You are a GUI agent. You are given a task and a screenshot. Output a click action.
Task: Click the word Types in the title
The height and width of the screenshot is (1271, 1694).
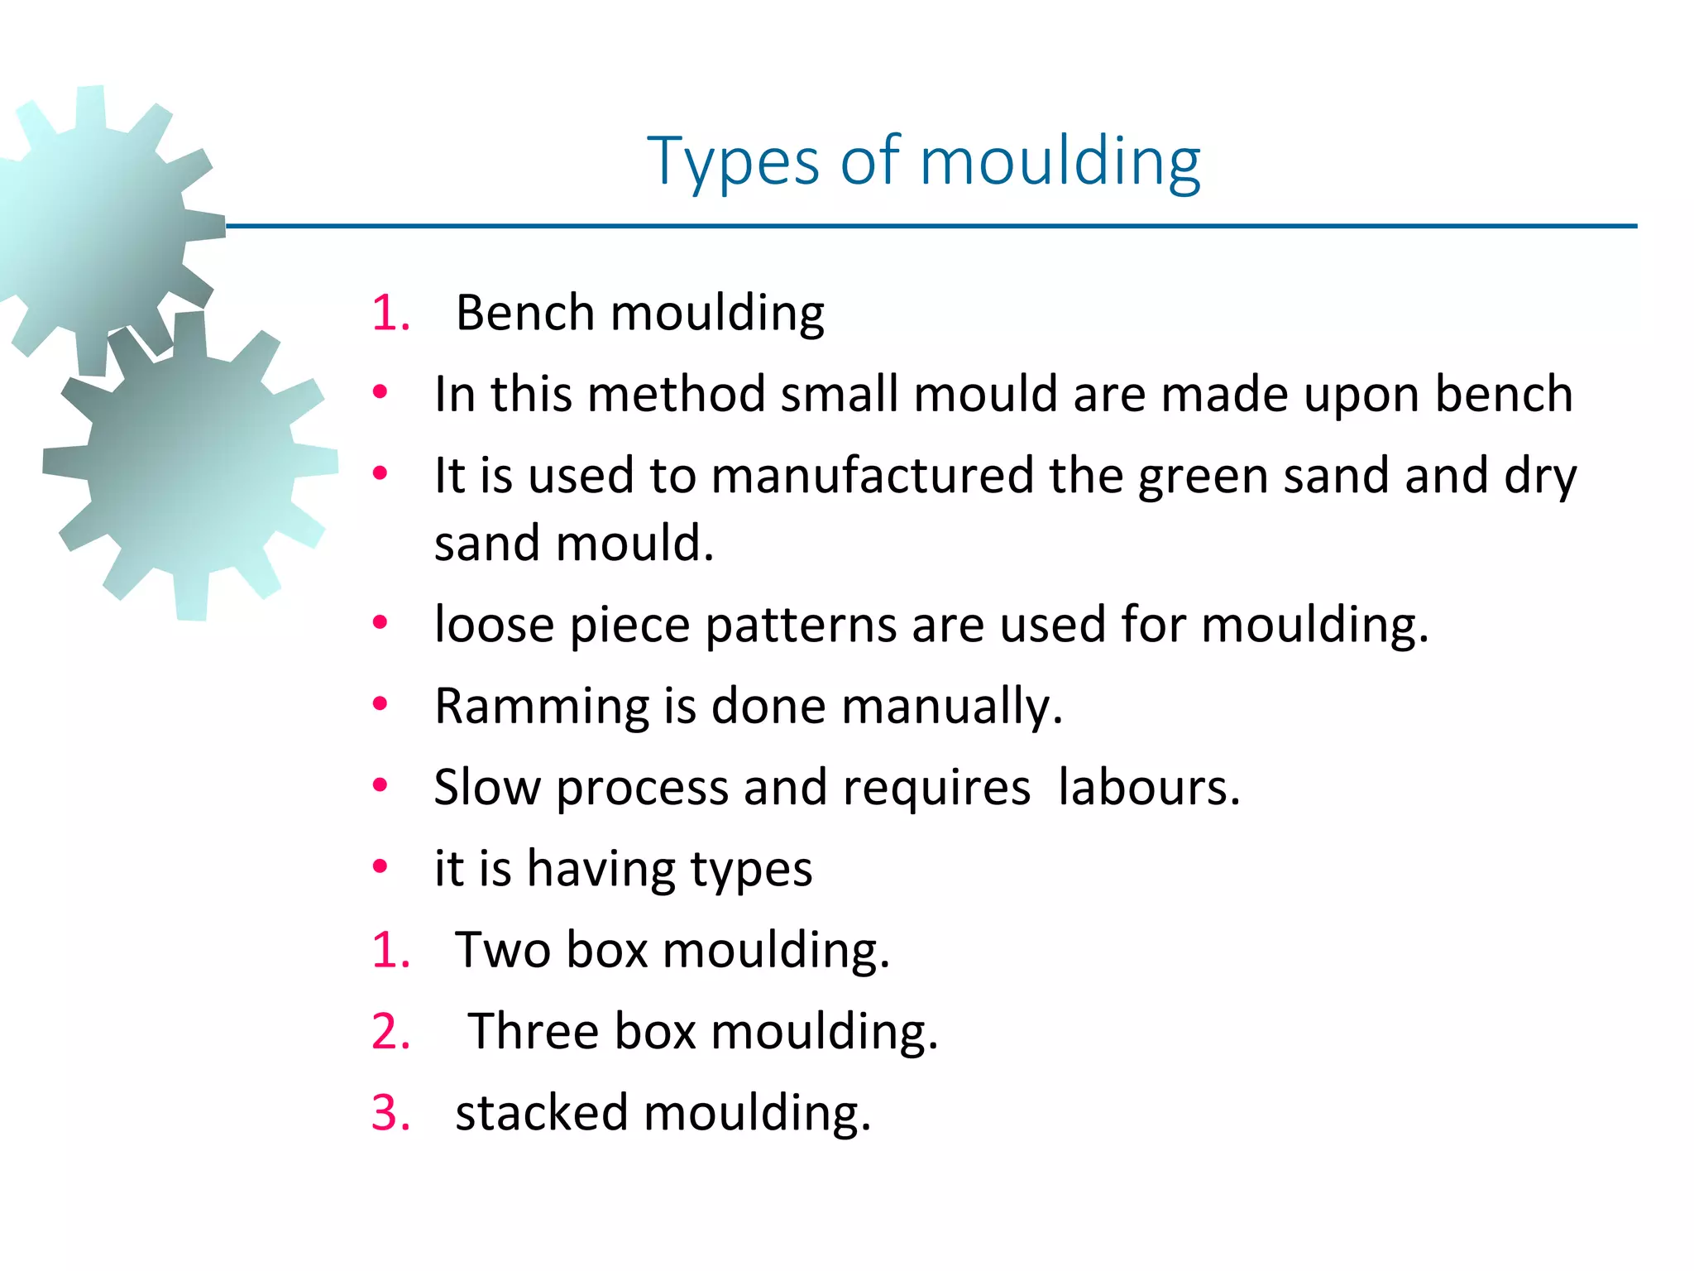(x=733, y=161)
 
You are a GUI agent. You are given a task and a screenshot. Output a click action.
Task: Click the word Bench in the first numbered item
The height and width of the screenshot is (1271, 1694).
(x=525, y=314)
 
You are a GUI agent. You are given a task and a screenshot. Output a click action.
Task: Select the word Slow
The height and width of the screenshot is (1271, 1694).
(x=486, y=787)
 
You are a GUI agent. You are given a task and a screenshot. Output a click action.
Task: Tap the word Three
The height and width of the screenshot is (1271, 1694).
(x=534, y=1032)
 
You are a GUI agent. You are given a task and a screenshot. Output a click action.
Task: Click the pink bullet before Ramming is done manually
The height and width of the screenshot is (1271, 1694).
(x=380, y=705)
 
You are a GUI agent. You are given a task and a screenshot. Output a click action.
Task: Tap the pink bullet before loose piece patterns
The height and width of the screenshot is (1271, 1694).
(x=380, y=623)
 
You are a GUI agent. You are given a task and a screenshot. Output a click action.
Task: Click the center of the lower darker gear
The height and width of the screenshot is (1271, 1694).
(x=190, y=468)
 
